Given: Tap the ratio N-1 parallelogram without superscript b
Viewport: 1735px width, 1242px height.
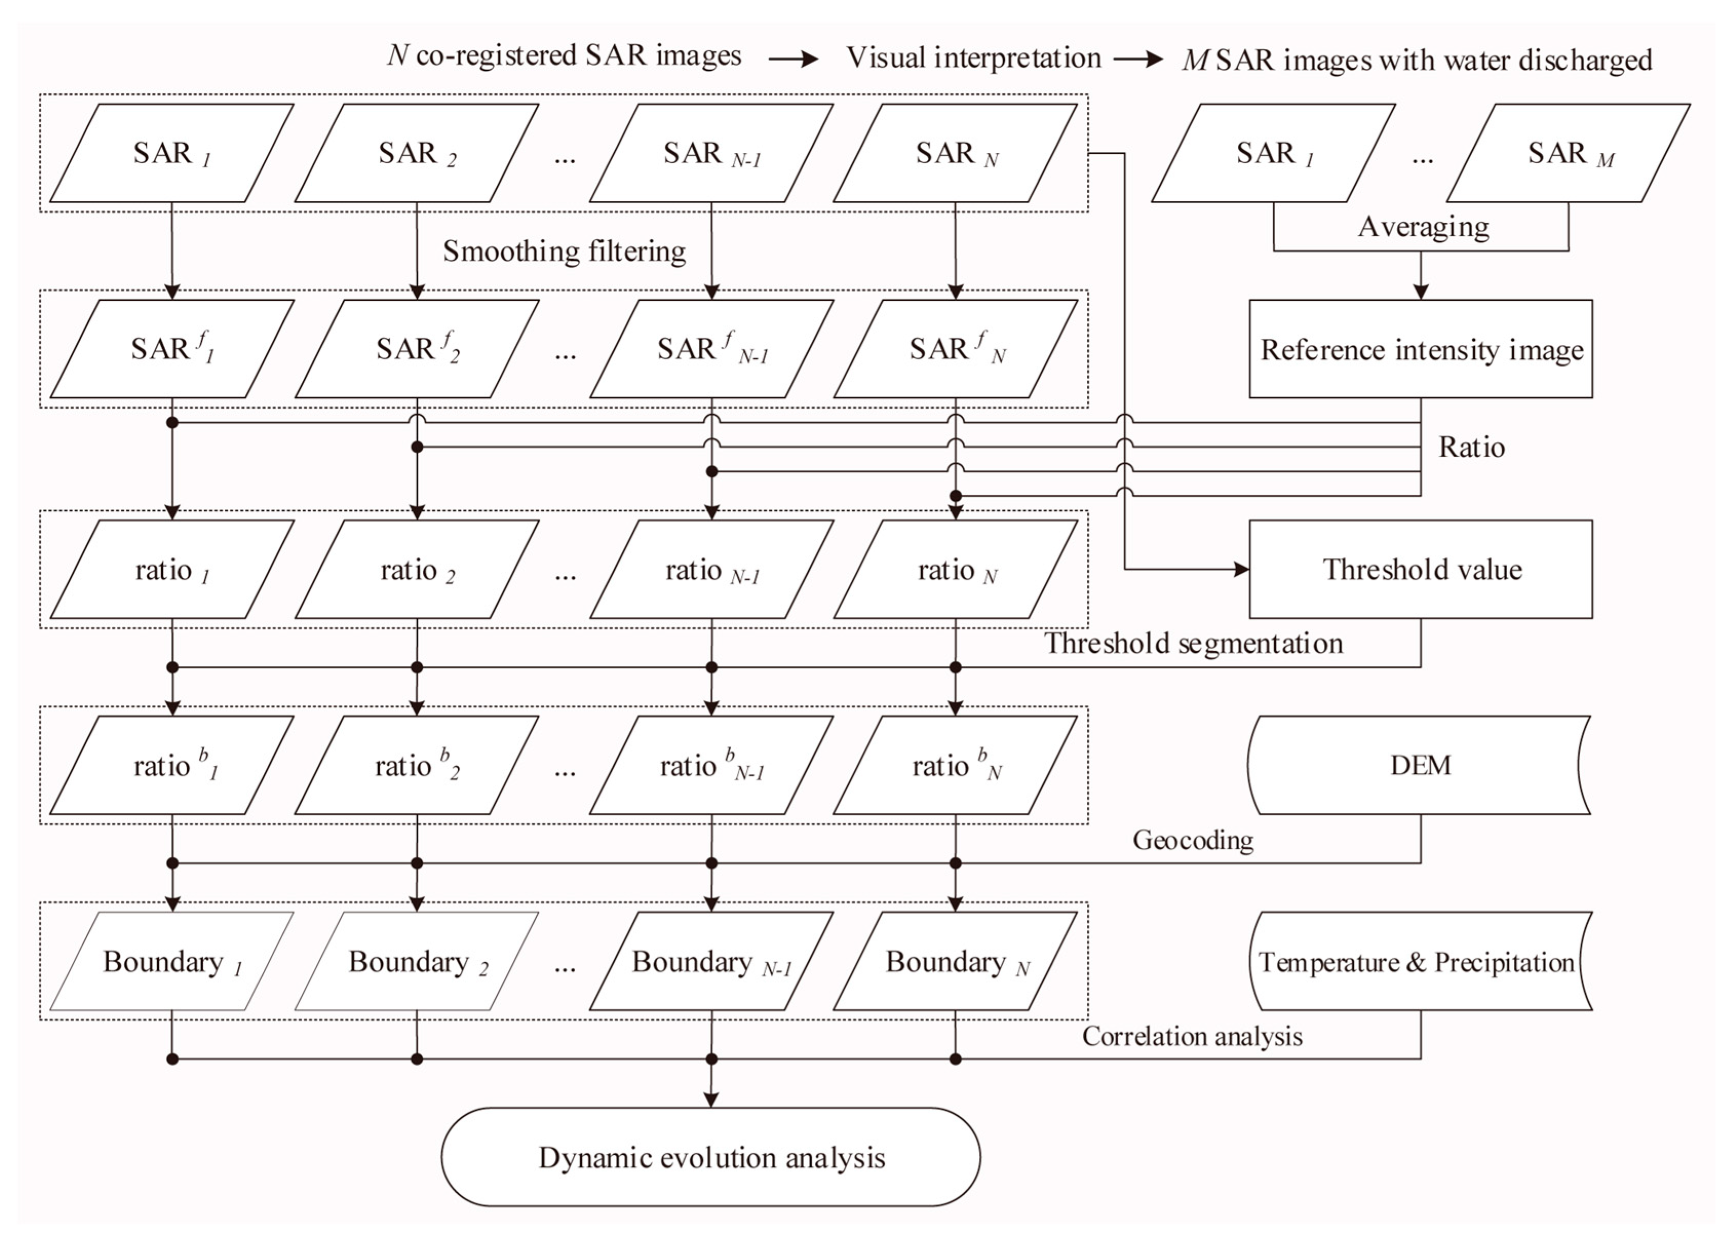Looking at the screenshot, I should pyautogui.click(x=711, y=570).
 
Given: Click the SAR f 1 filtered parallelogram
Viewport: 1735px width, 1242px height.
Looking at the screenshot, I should pyautogui.click(x=172, y=349).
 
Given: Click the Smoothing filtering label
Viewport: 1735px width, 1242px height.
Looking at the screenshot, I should pyautogui.click(x=564, y=251).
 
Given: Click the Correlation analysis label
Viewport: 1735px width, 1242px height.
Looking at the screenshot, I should pyautogui.click(x=1192, y=1036).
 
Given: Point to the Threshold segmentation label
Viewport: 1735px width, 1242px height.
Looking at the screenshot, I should pyautogui.click(x=1193, y=643).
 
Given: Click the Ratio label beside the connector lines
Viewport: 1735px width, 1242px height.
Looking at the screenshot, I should pyautogui.click(x=1471, y=447).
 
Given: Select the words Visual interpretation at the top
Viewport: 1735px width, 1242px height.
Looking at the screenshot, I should pyautogui.click(x=972, y=57).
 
